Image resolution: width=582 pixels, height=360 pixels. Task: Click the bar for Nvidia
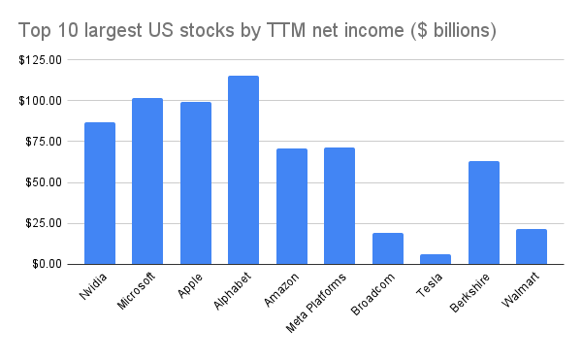pos(100,193)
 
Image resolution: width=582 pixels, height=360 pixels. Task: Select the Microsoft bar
pos(147,181)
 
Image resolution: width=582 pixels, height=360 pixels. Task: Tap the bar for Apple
pos(196,182)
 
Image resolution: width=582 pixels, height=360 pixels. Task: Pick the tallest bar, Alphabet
pos(243,170)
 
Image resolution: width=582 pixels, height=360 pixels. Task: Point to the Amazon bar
pos(292,206)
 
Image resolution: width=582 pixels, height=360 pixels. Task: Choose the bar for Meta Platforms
pos(339,206)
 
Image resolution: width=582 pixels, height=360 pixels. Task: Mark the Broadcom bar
pos(388,248)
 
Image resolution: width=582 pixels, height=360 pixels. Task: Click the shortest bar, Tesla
pos(436,259)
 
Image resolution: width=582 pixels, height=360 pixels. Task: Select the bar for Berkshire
pos(484,213)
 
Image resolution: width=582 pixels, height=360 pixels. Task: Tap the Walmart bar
pos(532,246)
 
